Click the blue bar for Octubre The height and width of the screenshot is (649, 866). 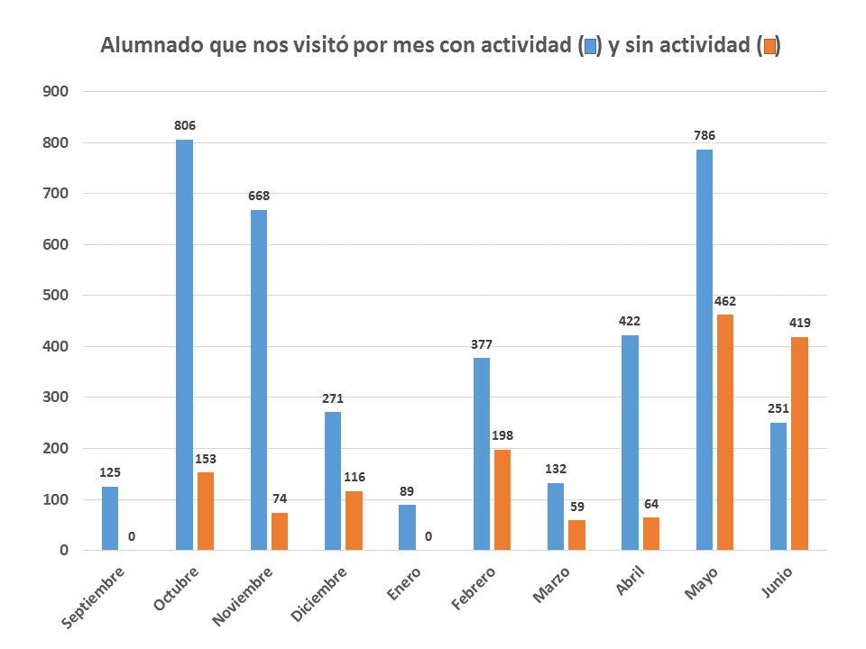coord(184,344)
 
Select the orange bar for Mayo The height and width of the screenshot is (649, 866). coord(724,432)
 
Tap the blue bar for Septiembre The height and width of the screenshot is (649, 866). coord(110,518)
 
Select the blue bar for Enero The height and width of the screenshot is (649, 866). coord(407,527)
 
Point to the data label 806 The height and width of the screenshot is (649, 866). coord(185,125)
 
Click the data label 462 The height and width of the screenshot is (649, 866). coord(725,301)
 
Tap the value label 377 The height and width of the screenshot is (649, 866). coord(482,344)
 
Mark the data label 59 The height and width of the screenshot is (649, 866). coord(576,507)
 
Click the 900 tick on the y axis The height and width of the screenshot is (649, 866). coord(55,92)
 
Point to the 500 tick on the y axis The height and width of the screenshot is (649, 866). coord(55,296)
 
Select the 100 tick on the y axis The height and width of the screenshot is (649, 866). coord(55,499)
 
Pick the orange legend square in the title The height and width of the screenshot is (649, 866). coord(769,47)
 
